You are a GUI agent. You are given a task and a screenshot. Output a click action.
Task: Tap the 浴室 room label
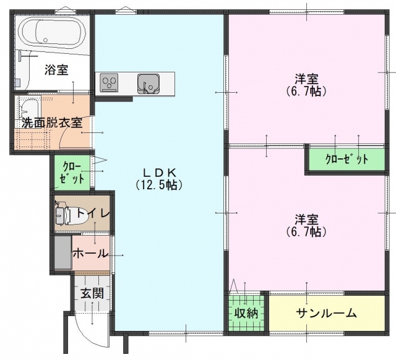pyautogui.click(x=56, y=70)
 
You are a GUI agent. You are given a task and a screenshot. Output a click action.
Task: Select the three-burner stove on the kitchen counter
pyautogui.click(x=109, y=82)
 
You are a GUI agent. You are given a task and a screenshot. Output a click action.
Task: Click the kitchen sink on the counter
pyautogui.click(x=148, y=84)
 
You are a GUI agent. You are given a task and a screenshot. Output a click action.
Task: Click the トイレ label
pyautogui.click(x=93, y=213)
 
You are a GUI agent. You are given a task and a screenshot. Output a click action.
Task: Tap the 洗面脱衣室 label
pyautogui.click(x=52, y=123)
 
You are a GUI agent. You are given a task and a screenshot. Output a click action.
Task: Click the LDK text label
pyautogui.click(x=159, y=173)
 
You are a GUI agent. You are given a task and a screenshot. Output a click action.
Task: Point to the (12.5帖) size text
pyautogui.click(x=159, y=186)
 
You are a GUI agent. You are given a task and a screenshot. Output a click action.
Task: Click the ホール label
pyautogui.click(x=90, y=253)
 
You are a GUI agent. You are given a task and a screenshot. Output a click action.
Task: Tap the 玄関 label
pyautogui.click(x=92, y=293)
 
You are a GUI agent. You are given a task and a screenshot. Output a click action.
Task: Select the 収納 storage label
pyautogui.click(x=246, y=313)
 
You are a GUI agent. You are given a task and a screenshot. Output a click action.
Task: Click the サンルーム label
pyautogui.click(x=327, y=313)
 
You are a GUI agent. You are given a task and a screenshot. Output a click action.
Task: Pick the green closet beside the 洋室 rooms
pyautogui.click(x=346, y=160)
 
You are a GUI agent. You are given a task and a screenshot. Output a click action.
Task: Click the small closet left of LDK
pyautogui.click(x=72, y=173)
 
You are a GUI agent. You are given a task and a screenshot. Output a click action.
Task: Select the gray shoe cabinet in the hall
pyautogui.click(x=63, y=253)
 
